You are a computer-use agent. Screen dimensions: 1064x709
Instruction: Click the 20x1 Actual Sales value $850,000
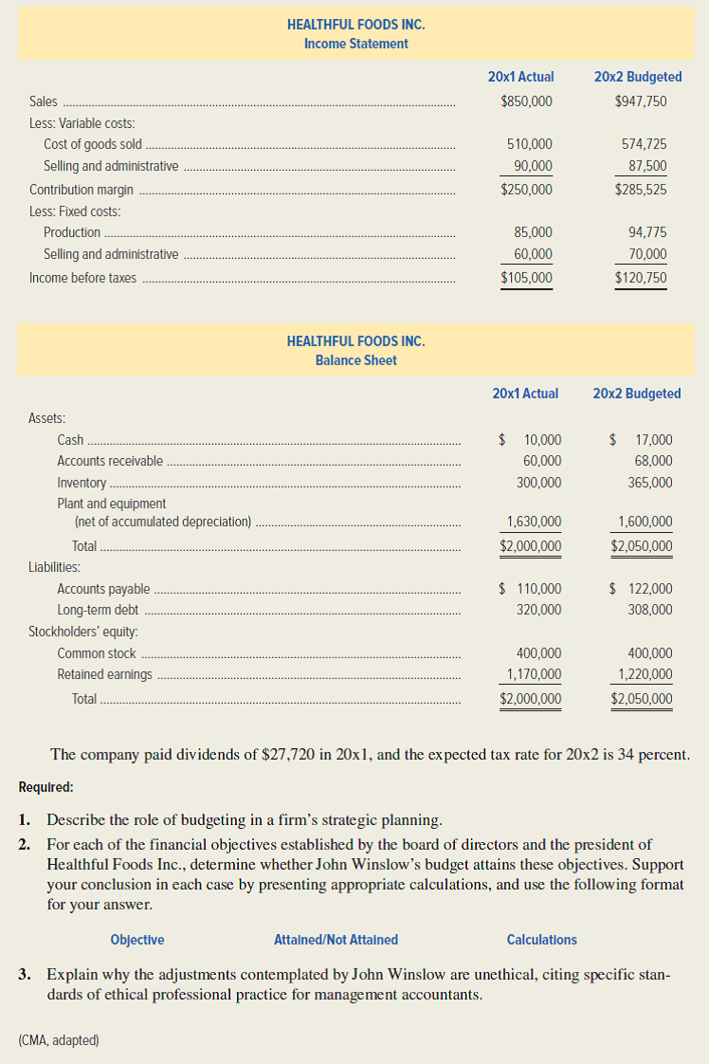tap(526, 101)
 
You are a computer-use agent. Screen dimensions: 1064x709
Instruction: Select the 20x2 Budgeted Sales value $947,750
tap(640, 101)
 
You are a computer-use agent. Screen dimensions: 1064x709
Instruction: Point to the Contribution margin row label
tap(82, 190)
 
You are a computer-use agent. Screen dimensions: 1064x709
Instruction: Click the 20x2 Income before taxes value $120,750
tap(640, 278)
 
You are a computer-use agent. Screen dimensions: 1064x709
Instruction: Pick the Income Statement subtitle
tap(355, 44)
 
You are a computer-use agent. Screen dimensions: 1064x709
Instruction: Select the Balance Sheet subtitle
tap(355, 360)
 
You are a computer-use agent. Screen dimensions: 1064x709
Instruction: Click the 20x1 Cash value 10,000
tap(541, 440)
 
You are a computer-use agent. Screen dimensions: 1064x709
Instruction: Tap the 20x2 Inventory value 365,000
tap(649, 483)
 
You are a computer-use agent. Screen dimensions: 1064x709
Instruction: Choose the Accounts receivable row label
tap(110, 462)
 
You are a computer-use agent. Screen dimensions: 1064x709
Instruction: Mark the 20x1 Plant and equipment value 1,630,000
tap(534, 522)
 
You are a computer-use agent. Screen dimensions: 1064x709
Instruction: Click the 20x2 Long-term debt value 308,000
tap(649, 610)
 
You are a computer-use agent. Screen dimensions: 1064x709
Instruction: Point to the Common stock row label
tap(97, 653)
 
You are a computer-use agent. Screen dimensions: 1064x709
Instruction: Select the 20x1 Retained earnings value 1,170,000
tap(534, 674)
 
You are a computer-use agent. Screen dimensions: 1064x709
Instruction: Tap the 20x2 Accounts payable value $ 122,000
tap(642, 589)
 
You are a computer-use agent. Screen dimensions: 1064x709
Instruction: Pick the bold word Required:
tap(45, 787)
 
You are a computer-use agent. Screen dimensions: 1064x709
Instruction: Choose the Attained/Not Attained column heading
tap(336, 940)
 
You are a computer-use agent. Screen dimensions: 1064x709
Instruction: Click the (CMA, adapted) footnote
tap(58, 1040)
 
